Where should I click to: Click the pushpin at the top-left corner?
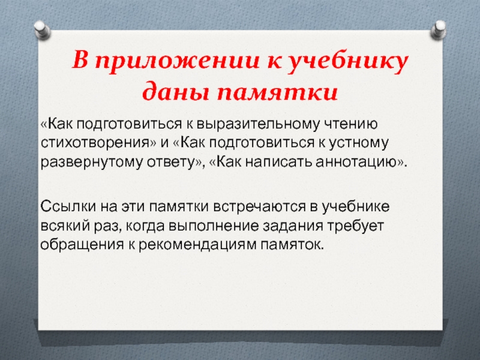42,29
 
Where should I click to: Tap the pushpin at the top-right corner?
439,29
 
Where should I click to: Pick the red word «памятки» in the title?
278,92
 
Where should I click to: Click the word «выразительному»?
257,124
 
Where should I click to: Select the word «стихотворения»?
98,143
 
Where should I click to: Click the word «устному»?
359,143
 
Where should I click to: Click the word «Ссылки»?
68,206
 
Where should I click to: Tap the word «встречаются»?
259,206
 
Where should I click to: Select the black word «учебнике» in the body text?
356,206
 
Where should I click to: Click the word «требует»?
356,226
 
